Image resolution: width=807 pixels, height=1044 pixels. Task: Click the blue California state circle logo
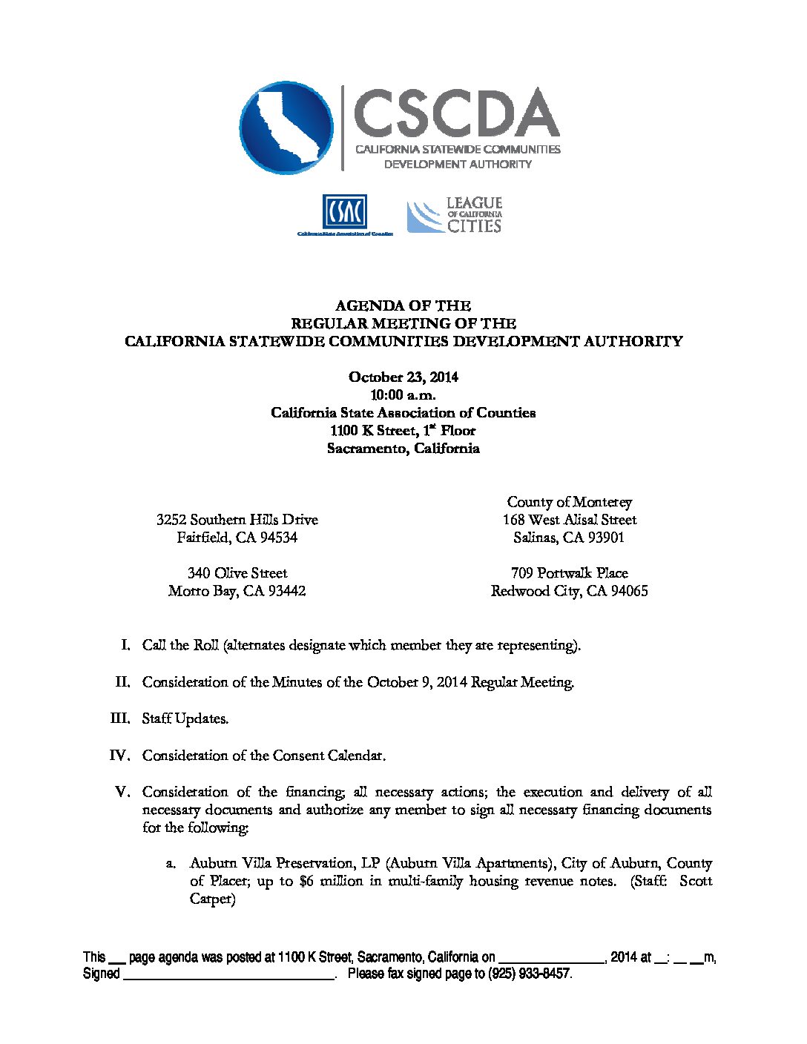click(286, 128)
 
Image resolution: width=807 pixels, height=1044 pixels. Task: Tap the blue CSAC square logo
click(344, 212)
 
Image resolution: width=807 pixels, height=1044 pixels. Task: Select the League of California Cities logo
click(454, 216)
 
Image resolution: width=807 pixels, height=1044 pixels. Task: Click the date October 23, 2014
click(403, 377)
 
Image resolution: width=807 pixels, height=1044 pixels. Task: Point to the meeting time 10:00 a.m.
click(403, 394)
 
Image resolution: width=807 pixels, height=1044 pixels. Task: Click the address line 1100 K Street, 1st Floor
click(403, 430)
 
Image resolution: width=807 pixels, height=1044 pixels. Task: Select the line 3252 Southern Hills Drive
click(237, 520)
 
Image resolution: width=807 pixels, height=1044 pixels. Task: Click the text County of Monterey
click(569, 502)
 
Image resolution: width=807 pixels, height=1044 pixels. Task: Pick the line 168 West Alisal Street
click(569, 520)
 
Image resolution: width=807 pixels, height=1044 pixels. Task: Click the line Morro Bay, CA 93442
click(237, 591)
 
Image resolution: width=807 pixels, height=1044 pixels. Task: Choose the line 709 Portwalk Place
click(569, 573)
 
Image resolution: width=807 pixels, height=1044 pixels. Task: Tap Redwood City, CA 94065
click(569, 591)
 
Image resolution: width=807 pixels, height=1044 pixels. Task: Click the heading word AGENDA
click(364, 305)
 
